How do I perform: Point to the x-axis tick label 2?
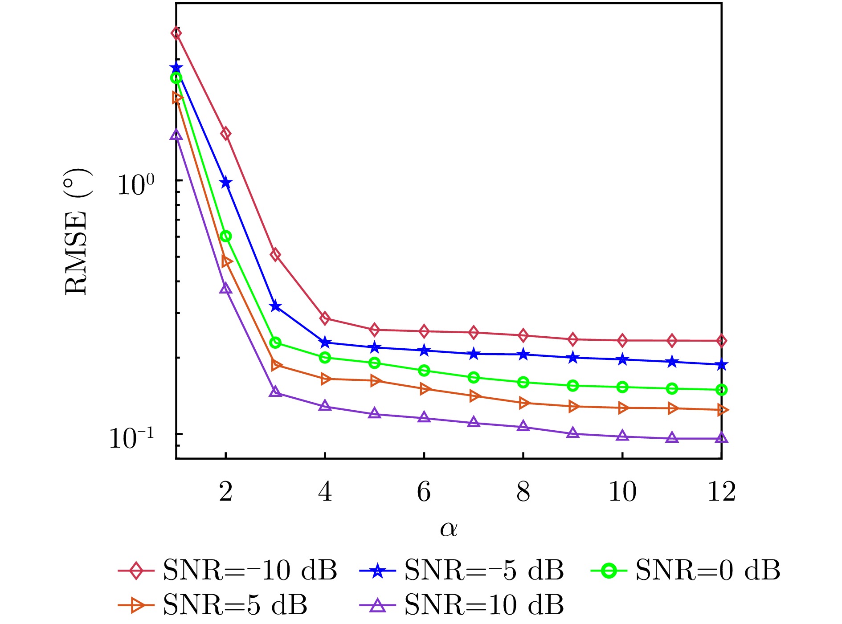coord(226,492)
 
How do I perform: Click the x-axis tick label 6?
coord(424,492)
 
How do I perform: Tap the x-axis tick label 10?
coord(622,492)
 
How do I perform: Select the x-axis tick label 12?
coord(721,492)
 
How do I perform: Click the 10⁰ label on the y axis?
coord(135,184)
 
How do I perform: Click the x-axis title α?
coord(449,529)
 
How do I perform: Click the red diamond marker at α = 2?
coord(226,133)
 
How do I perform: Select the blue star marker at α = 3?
coord(275,306)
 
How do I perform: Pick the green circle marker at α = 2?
coord(226,236)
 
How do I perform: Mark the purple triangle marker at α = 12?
coord(721,438)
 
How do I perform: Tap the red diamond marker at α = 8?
coord(523,335)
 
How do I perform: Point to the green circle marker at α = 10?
coord(622,387)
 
